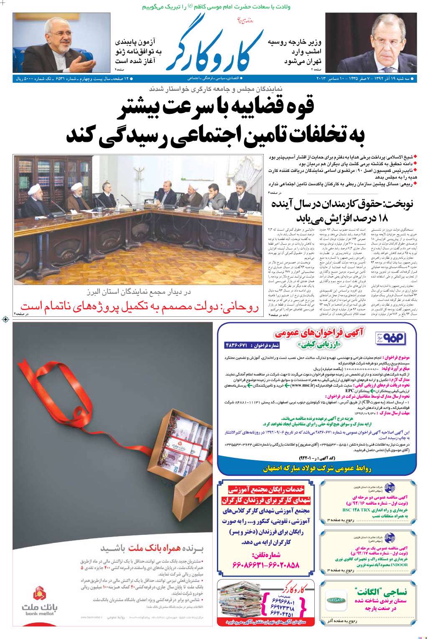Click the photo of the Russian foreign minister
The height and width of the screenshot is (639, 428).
tap(371, 42)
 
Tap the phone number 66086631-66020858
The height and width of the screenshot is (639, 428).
tap(264, 565)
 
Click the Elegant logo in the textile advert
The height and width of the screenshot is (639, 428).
tap(336, 600)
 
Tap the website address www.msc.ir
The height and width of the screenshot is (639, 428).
tap(302, 385)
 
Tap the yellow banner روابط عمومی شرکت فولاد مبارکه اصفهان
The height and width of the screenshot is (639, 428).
tap(317, 469)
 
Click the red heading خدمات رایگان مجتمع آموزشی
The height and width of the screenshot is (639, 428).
tap(266, 490)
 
